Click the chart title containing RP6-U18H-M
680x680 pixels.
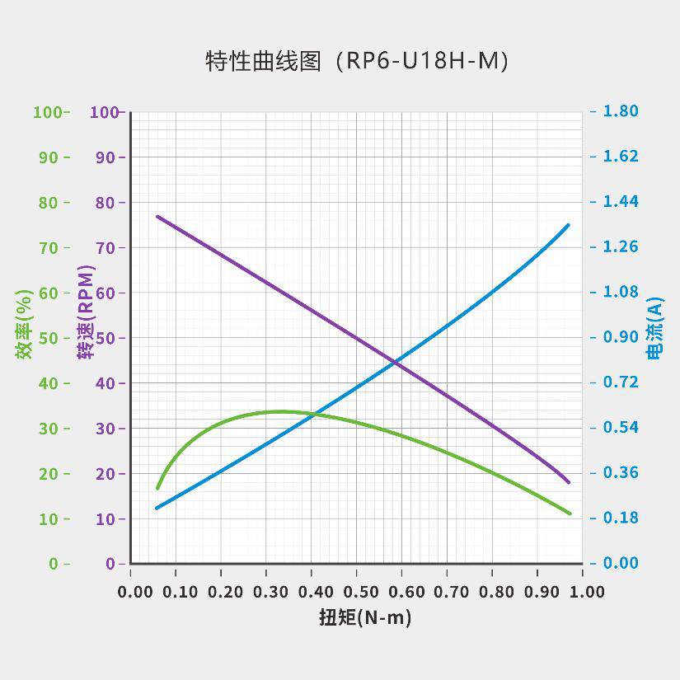(x=356, y=62)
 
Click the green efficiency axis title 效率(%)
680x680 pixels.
(x=24, y=325)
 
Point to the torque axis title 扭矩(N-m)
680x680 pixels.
(x=364, y=617)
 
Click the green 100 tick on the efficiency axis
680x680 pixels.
(x=48, y=112)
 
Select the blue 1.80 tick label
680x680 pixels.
(x=621, y=111)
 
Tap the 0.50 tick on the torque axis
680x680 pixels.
(x=356, y=592)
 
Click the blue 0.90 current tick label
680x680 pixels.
(x=621, y=337)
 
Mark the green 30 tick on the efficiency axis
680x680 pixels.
(x=48, y=429)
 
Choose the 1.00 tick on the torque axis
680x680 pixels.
(x=582, y=592)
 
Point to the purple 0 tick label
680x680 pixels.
(x=110, y=564)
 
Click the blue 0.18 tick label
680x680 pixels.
(x=621, y=518)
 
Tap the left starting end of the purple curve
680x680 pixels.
(x=157, y=216)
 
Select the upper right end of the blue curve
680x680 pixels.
(x=568, y=225)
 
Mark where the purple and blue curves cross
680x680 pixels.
(x=396, y=361)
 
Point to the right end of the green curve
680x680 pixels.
(x=569, y=514)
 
